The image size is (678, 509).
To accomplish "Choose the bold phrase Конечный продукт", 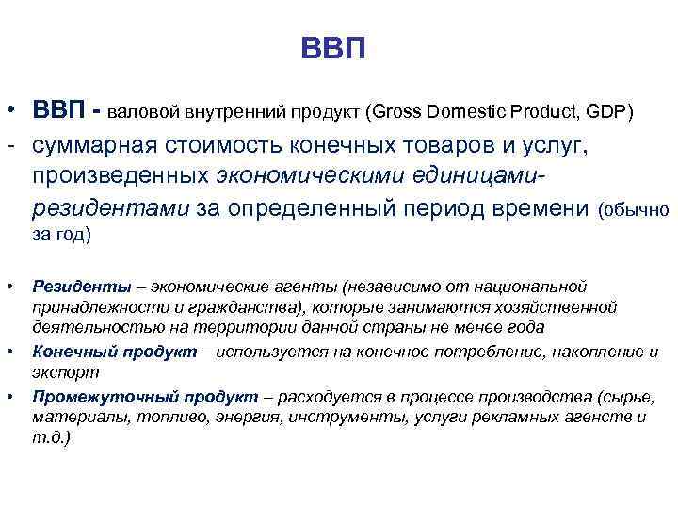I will pyautogui.click(x=116, y=352).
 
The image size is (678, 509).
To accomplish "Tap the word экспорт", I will pyautogui.click(x=58, y=372).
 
